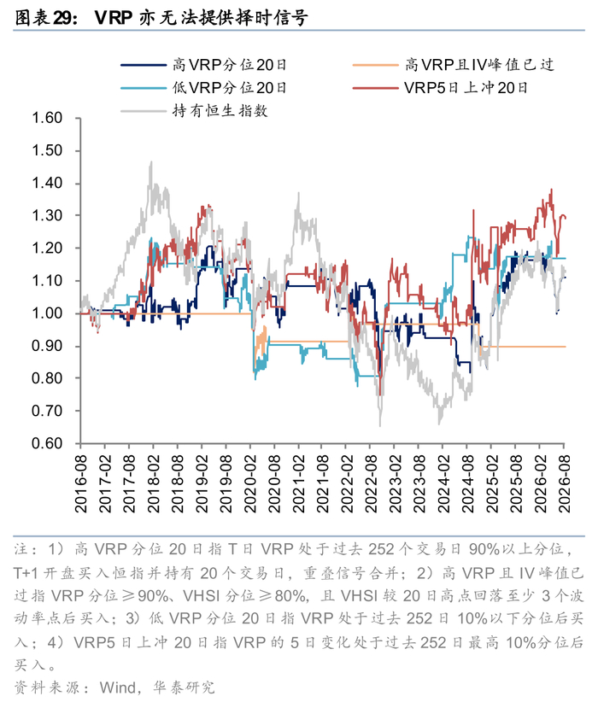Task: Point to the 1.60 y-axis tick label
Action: tap(47, 118)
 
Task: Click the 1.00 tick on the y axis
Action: tap(47, 313)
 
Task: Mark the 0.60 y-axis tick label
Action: tap(47, 443)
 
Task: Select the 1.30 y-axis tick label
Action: tap(47, 215)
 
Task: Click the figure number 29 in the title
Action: tap(62, 18)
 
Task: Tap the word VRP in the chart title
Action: tap(114, 18)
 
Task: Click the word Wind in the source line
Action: tap(118, 687)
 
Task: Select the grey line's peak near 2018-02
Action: tap(151, 161)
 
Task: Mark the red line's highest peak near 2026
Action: tap(551, 190)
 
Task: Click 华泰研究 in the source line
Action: tap(183, 687)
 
